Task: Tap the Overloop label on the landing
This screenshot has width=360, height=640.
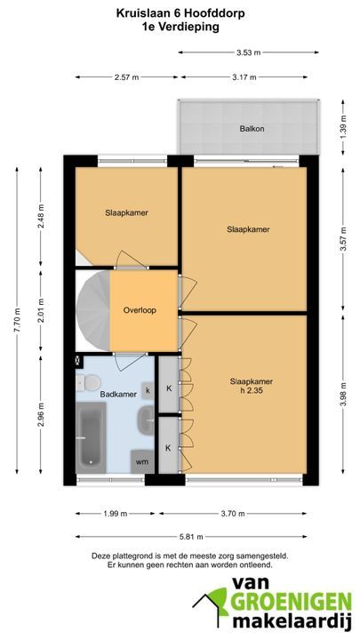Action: [140, 310]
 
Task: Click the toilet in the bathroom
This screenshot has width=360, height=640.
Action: [89, 382]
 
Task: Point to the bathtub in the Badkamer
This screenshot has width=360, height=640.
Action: [91, 437]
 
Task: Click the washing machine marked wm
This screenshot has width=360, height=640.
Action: [142, 461]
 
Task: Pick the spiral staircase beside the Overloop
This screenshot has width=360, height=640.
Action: [93, 311]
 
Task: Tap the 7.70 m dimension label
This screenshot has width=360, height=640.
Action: [17, 320]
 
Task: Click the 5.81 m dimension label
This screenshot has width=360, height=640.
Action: [191, 537]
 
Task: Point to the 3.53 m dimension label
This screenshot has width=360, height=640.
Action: [249, 52]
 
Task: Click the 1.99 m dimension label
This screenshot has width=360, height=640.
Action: [116, 514]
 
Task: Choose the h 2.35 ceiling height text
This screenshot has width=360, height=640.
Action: [251, 390]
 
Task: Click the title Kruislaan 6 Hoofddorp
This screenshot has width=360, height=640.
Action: [180, 14]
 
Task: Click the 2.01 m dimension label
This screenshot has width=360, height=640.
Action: [40, 311]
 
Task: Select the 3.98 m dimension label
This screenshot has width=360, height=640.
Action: [343, 394]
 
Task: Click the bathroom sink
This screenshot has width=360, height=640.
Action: [146, 420]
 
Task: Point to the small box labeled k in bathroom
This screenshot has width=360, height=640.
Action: [148, 390]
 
